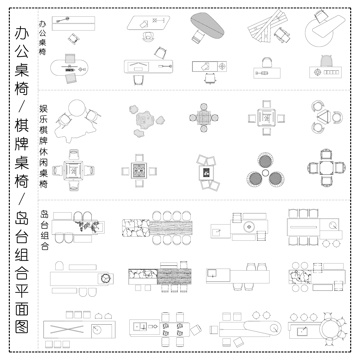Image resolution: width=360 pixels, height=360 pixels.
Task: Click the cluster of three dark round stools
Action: (265, 171)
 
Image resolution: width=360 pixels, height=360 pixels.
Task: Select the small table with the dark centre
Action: (208, 172)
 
